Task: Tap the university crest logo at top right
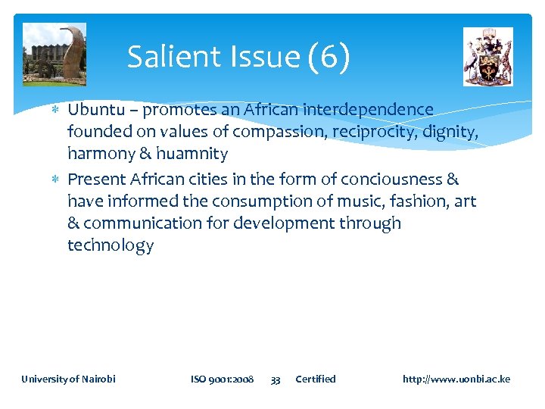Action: pyautogui.click(x=487, y=57)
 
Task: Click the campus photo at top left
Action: pyautogui.click(x=54, y=54)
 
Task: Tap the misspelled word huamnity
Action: pyautogui.click(x=192, y=154)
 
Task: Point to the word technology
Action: pyautogui.click(x=111, y=245)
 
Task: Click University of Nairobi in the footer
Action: pyautogui.click(x=69, y=379)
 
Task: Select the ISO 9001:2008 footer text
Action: pyautogui.click(x=222, y=379)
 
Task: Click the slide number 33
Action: pyautogui.click(x=276, y=379)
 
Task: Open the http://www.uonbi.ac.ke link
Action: pyautogui.click(x=456, y=379)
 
